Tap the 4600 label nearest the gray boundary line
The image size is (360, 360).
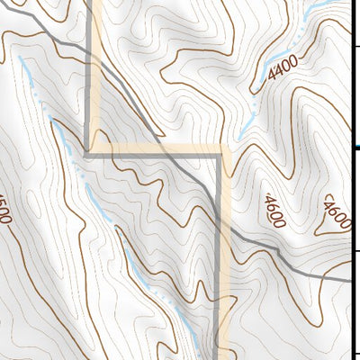point(273,211)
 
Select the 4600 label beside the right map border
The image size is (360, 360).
point(336,212)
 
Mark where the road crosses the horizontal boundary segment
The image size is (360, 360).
point(166,155)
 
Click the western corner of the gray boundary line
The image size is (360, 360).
point(87,155)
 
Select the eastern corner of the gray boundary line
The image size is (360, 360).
point(219,156)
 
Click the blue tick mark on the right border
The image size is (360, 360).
point(357,147)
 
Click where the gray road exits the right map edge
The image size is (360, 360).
point(358,280)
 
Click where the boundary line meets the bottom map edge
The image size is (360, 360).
point(219,358)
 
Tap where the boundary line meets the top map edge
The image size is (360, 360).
point(90,2)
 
